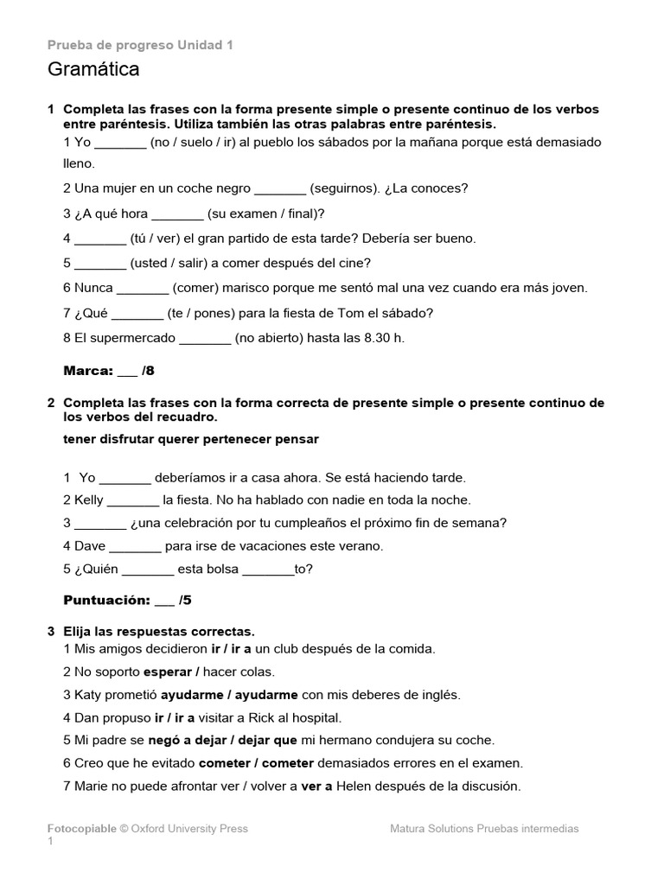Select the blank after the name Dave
(136, 546)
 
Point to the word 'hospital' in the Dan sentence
(316, 717)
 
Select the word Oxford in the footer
(152, 829)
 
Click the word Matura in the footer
(410, 829)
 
